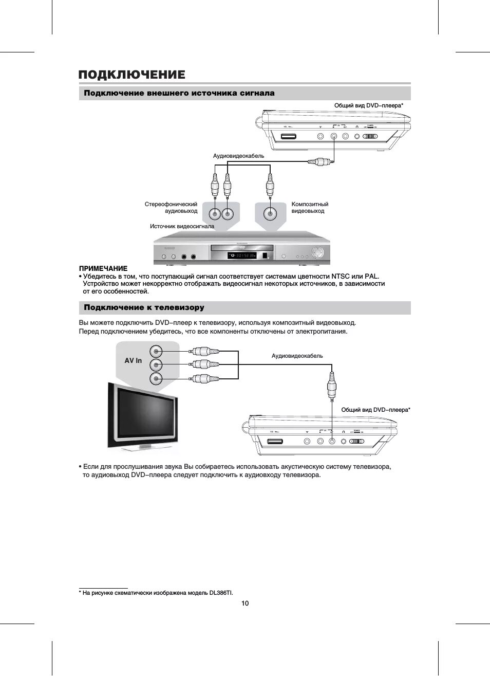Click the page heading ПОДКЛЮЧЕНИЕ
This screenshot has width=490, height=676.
[131, 75]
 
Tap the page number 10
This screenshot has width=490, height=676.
[245, 603]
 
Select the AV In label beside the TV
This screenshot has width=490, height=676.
[133, 361]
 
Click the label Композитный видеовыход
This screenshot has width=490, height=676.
[309, 208]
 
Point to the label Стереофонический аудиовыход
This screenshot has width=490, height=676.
[171, 208]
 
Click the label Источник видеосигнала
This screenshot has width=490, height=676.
[182, 226]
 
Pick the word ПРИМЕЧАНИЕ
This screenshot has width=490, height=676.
[103, 268]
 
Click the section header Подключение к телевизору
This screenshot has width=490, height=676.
[144, 307]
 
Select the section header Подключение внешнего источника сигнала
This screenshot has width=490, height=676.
[179, 93]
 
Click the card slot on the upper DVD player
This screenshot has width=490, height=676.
[288, 137]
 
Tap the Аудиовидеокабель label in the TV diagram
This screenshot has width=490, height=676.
[297, 356]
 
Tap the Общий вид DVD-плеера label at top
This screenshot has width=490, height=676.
[368, 105]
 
